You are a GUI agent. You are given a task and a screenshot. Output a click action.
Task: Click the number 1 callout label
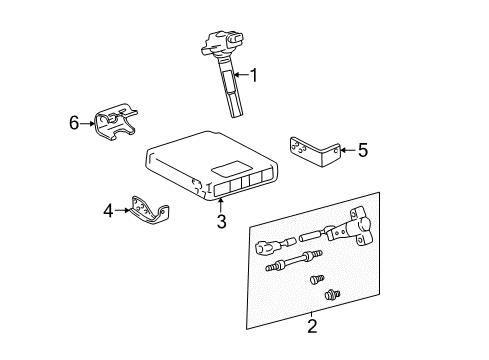point(254,74)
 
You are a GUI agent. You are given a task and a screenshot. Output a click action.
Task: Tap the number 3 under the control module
point(220,221)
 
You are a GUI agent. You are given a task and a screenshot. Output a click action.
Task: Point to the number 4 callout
point(108,210)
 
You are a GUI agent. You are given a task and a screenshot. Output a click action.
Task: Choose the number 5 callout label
point(362,150)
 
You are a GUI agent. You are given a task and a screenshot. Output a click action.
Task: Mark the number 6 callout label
point(74,123)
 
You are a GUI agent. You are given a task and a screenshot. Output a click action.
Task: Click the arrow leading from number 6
point(88,123)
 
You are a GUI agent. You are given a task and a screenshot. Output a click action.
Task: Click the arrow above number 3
point(220,203)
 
